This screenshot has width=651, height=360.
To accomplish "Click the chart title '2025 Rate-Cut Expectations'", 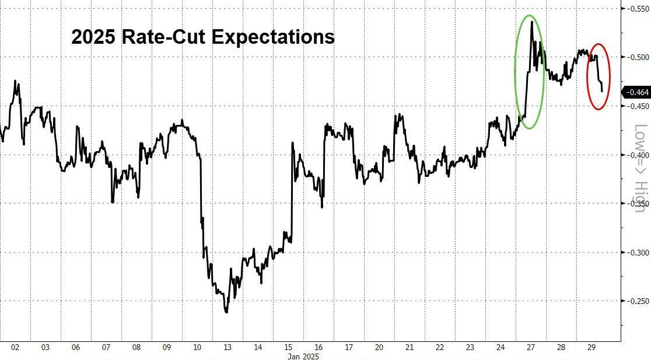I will tap(203, 37).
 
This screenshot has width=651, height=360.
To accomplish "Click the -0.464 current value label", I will tap(636, 92).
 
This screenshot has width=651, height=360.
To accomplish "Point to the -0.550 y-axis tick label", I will tap(635, 8).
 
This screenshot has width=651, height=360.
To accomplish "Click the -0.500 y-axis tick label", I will tap(635, 57).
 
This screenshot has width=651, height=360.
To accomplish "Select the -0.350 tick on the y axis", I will tap(635, 204).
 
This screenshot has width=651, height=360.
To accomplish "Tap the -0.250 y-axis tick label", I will tap(635, 301).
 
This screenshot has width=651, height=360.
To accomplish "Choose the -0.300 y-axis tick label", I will tap(635, 253).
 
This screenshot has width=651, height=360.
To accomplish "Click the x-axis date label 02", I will tap(15, 347).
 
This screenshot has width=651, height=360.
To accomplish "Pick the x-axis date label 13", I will tap(228, 347).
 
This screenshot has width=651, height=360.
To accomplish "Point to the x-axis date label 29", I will tap(591, 347).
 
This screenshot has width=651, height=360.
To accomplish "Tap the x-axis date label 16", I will tap(318, 347).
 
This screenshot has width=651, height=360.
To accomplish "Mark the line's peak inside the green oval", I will tap(531, 22).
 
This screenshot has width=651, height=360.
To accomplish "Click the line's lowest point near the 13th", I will tap(226, 313).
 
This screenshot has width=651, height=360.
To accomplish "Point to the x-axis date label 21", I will tap(409, 347).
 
